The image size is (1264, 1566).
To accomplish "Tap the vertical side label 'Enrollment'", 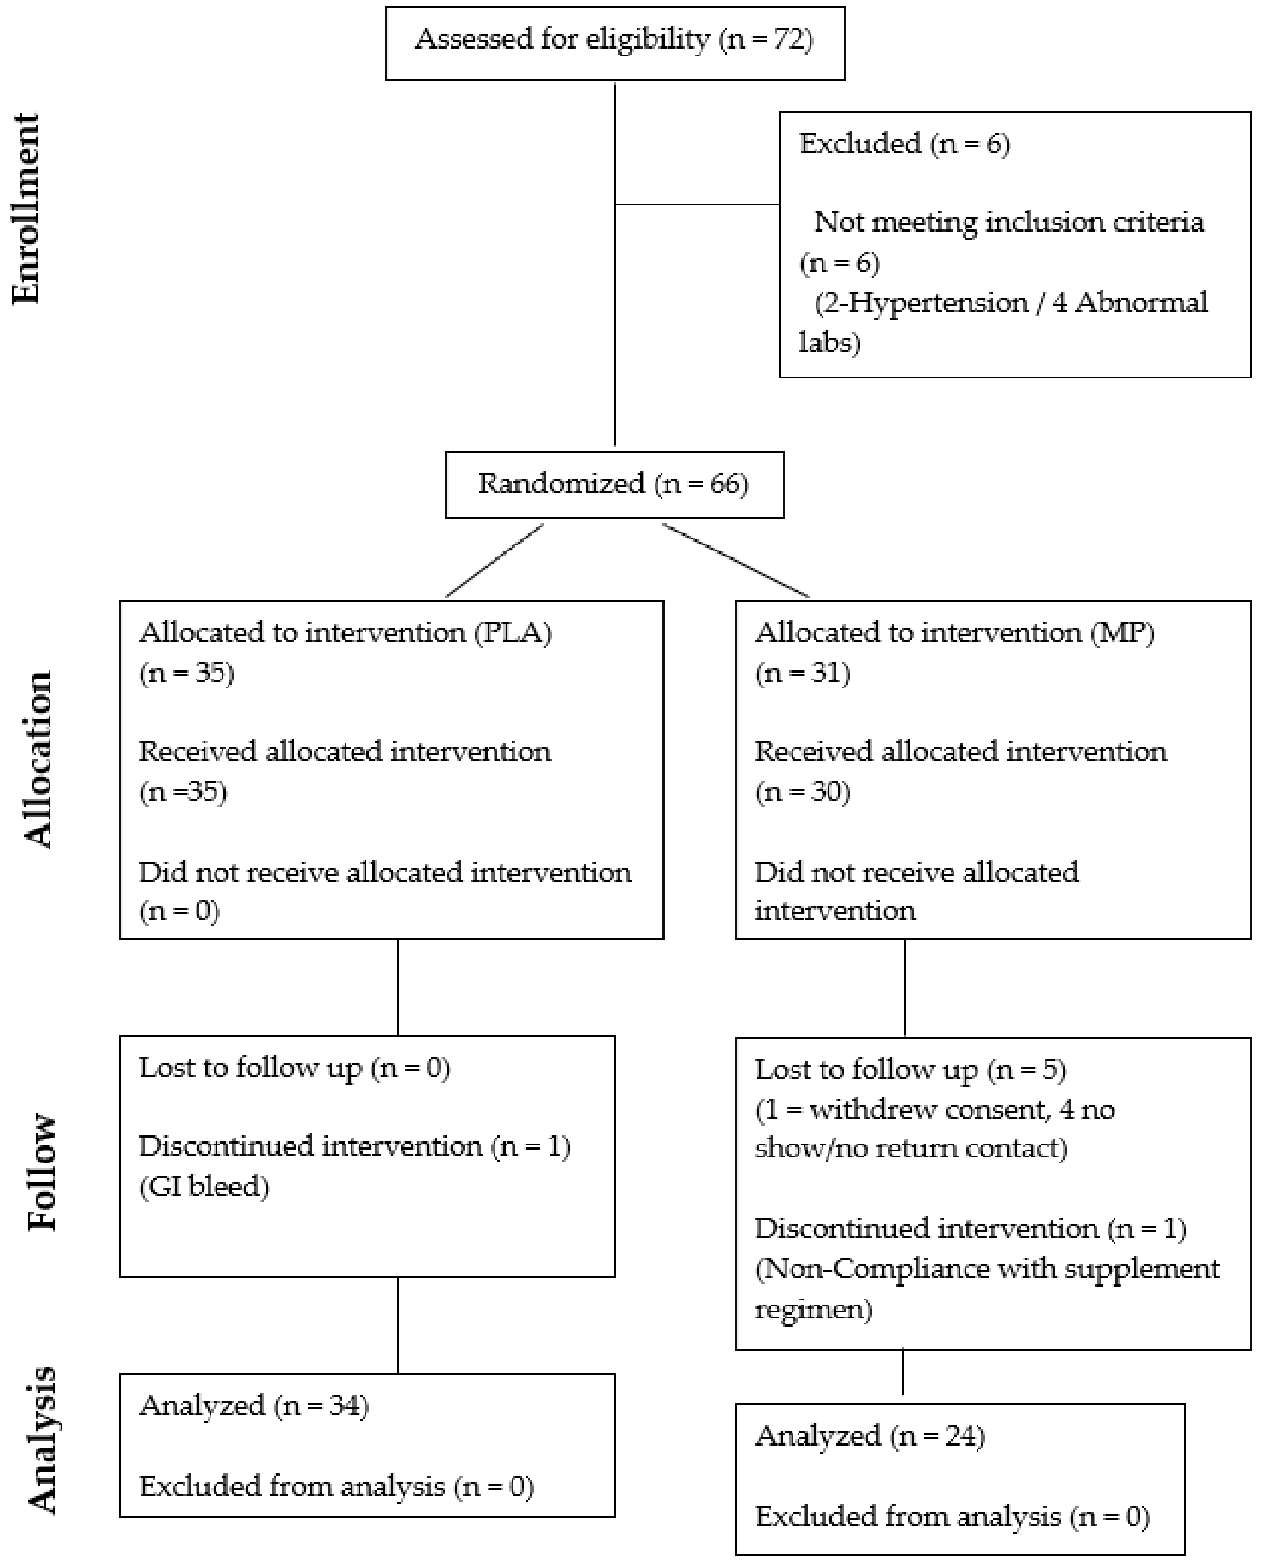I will point(26,208).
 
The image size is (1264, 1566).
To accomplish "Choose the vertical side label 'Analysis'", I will point(41,1440).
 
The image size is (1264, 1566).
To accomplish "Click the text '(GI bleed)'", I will point(204,1186).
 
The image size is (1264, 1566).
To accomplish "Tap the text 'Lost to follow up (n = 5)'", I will point(910,1069).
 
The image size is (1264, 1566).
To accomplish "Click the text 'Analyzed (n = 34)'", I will point(254,1406).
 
